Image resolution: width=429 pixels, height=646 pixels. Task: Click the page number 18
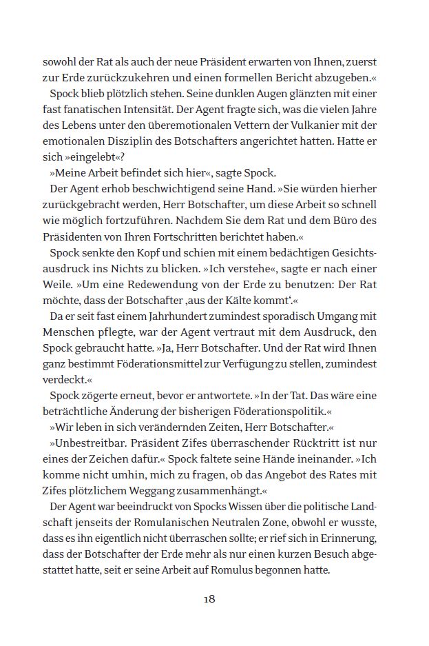coord(209,598)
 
